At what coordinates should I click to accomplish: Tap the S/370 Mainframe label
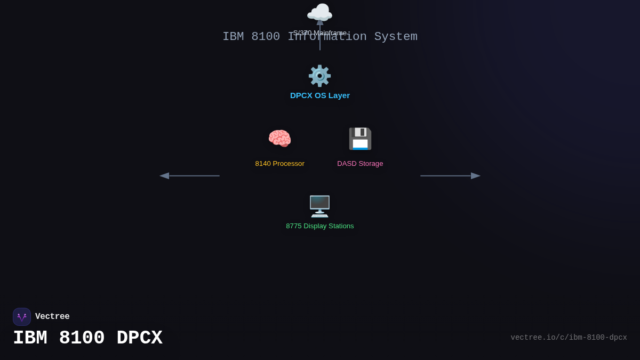point(320,33)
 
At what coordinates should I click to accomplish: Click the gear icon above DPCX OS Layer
point(319,76)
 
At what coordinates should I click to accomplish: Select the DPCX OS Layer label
point(320,95)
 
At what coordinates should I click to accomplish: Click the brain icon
point(279,139)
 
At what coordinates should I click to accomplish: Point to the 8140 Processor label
point(279,164)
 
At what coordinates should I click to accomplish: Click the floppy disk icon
point(360,139)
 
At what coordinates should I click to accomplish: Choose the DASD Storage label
point(360,164)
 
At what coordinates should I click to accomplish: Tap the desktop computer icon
point(319,206)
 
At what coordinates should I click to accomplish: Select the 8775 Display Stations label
point(320,226)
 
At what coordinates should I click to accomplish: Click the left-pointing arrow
point(189,175)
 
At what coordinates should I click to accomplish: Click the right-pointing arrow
point(451,175)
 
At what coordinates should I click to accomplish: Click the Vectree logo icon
point(22,317)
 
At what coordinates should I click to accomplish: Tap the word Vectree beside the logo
point(52,317)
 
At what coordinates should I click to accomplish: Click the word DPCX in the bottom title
point(139,338)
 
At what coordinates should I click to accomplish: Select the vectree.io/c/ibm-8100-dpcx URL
point(569,338)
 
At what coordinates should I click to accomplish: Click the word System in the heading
point(396,37)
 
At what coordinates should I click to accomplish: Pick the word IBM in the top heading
point(233,37)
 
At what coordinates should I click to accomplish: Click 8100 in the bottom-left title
point(82,338)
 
